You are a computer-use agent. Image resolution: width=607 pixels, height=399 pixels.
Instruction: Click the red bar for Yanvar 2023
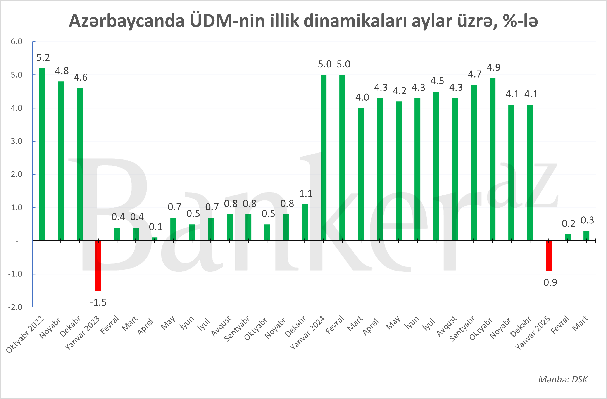[x=98, y=265]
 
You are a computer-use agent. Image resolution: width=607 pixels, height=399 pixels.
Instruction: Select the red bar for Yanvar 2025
[x=549, y=256]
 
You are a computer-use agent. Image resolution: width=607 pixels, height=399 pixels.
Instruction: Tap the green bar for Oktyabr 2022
[x=42, y=154]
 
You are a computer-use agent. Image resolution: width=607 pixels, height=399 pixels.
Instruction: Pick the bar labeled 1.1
[x=305, y=223]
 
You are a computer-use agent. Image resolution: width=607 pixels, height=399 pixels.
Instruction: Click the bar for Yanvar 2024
[x=323, y=158]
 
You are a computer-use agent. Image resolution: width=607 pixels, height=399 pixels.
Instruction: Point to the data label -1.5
[x=98, y=302]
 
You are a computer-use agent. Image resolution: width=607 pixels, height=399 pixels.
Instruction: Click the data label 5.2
[x=43, y=58]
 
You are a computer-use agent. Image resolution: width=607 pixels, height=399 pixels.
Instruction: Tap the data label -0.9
[x=549, y=282]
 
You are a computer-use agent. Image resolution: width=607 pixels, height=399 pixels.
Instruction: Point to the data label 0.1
[x=156, y=227]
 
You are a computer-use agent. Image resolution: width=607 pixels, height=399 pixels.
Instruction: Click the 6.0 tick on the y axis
[x=17, y=41]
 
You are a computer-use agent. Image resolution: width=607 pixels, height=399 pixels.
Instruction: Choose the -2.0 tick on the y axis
[x=15, y=307]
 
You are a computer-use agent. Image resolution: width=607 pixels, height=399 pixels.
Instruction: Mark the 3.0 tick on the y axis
[x=17, y=141]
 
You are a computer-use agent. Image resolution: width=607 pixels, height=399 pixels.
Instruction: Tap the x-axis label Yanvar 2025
[x=533, y=332]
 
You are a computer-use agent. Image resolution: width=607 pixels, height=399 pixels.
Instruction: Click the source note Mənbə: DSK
[x=563, y=379]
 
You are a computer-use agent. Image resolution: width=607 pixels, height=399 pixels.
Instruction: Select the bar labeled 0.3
[x=586, y=236]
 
